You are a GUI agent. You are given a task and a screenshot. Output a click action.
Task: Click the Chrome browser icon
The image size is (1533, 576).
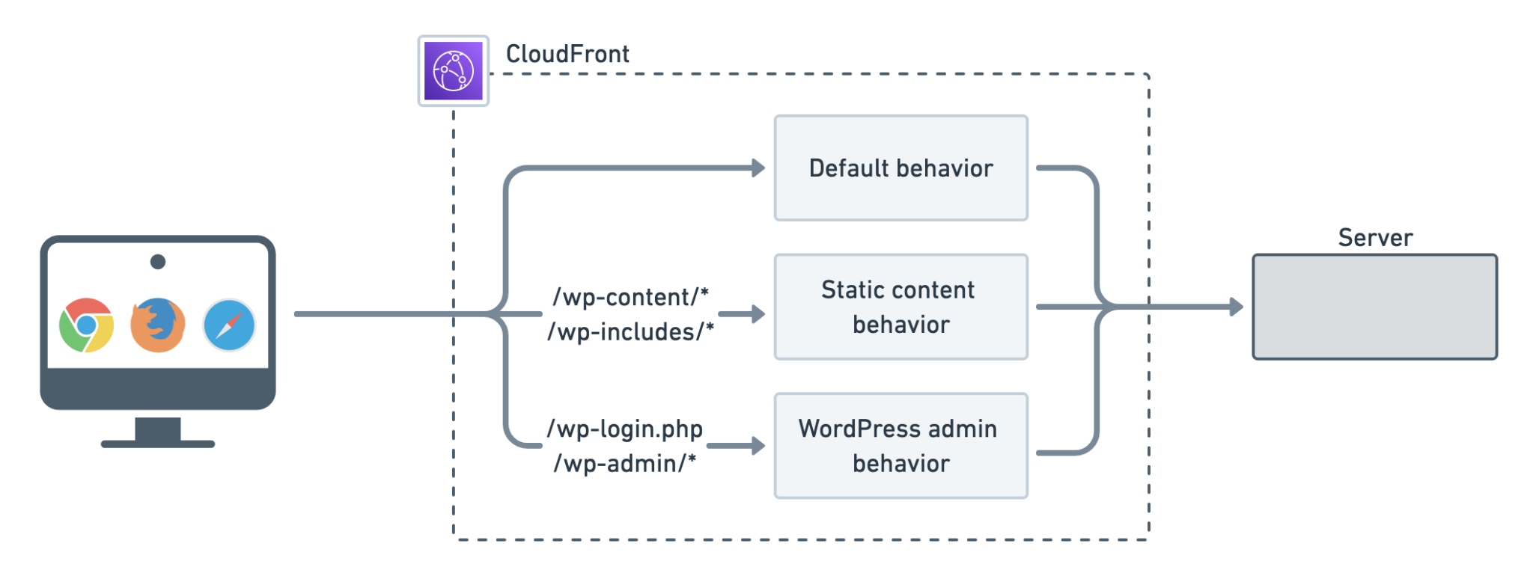86,325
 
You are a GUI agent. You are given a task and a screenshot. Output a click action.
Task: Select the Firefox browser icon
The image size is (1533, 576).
157,325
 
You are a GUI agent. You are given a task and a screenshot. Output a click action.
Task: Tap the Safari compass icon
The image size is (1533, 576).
230,325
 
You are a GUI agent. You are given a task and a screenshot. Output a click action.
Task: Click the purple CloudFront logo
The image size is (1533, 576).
453,71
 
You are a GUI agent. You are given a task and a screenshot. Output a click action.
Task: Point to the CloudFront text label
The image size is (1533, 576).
567,55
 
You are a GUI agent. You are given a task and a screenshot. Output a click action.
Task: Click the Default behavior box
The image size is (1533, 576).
900,168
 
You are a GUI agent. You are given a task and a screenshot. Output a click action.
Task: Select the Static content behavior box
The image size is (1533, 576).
900,307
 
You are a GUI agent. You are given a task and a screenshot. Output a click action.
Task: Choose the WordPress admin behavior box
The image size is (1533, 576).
900,446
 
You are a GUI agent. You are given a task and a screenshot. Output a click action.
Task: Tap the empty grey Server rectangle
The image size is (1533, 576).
1374,307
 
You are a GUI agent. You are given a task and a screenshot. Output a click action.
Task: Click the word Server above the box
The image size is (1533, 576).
1374,238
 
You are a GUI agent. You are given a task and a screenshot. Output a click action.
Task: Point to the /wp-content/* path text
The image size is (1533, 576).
630,298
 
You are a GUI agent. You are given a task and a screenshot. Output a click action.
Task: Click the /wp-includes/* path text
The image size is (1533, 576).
630,332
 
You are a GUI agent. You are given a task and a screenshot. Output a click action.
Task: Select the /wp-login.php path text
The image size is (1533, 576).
625,429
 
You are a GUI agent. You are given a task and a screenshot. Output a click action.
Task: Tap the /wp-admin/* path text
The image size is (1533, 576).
625,464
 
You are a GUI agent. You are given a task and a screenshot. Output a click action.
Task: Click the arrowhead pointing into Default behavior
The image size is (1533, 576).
758,168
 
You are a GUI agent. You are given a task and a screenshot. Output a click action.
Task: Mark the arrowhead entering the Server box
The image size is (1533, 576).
1236,307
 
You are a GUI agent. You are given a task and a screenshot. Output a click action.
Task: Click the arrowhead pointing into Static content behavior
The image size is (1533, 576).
758,314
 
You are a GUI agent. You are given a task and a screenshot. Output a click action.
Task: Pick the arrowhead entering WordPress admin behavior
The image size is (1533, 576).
758,447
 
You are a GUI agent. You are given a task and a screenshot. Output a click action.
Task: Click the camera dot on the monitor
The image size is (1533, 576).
158,262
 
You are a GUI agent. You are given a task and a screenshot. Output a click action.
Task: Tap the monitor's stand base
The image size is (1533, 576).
158,444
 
